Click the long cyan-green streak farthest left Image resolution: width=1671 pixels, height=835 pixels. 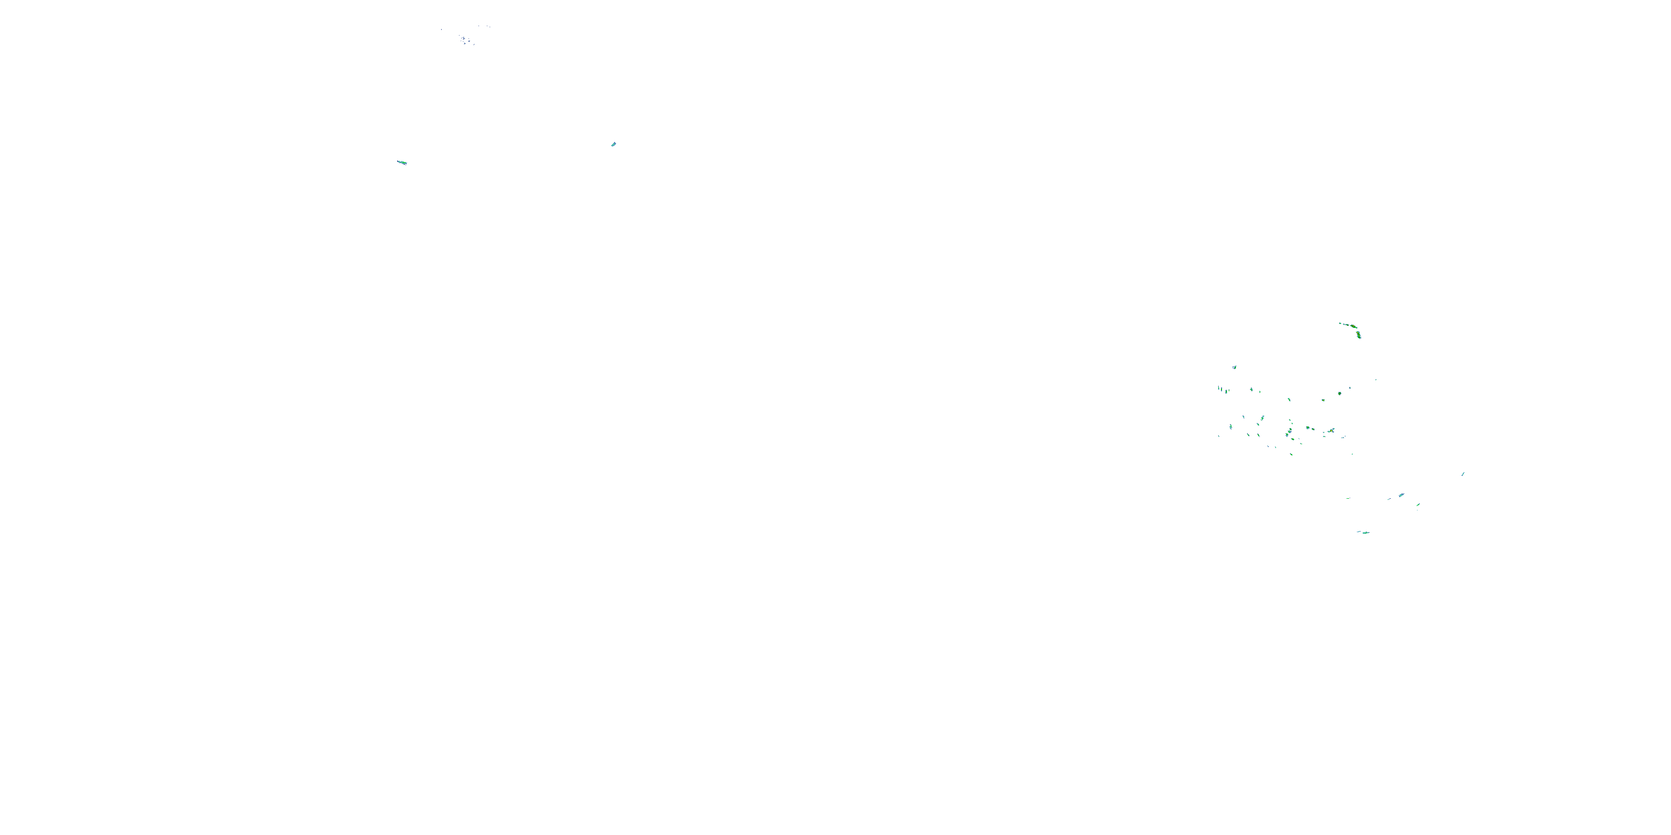tap(402, 162)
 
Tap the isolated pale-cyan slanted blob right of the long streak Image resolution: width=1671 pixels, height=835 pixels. tap(613, 144)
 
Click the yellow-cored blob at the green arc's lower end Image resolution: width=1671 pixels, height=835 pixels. tap(1359, 335)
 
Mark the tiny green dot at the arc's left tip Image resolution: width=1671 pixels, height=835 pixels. tap(1340, 323)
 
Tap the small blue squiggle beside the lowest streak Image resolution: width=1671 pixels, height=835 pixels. tap(1359, 532)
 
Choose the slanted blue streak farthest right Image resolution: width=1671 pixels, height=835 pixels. tap(1463, 474)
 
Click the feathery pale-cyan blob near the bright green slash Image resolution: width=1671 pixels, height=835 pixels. tap(1401, 495)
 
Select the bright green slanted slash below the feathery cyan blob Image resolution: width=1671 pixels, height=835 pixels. tap(1418, 504)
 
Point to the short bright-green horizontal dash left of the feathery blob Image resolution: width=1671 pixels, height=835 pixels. tap(1348, 499)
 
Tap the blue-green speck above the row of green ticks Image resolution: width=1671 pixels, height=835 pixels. tap(1234, 367)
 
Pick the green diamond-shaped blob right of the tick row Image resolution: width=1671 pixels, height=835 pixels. tap(1252, 390)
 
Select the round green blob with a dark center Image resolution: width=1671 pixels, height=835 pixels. tap(1340, 394)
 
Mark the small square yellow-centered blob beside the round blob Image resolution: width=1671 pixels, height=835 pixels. tap(1323, 400)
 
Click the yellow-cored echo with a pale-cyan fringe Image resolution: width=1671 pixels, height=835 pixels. tap(1331, 430)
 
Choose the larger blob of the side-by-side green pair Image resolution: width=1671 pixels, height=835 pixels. tap(1308, 428)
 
